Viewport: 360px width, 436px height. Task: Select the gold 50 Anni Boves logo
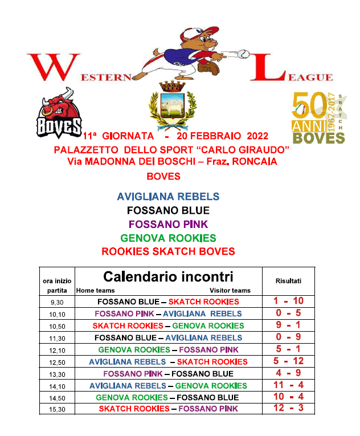[x=318, y=117]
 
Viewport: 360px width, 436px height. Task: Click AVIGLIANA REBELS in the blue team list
[x=168, y=197]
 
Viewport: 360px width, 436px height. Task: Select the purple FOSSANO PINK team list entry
[x=168, y=224]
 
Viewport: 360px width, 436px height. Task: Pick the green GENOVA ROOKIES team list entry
[x=168, y=238]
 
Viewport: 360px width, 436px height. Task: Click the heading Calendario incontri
[x=168, y=277]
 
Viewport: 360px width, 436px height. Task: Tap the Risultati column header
[x=288, y=281]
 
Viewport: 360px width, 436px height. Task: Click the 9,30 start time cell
[x=57, y=302]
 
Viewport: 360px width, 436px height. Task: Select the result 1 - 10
[x=288, y=301]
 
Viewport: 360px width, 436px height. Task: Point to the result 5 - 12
[x=288, y=361]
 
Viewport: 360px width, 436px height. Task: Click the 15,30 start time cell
[x=57, y=409]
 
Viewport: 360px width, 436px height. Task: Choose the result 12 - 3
[x=288, y=409]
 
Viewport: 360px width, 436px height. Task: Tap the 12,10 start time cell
[x=57, y=350]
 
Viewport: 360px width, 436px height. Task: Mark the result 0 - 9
[x=288, y=337]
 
